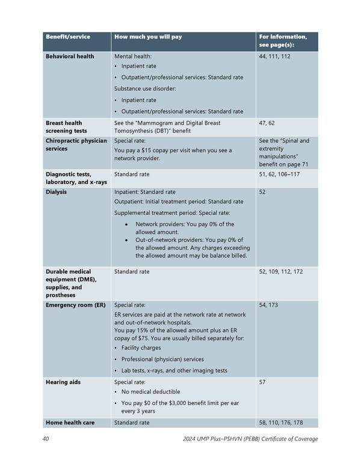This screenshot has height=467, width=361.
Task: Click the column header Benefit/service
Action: [68, 37]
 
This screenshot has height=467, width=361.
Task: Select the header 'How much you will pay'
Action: [147, 37]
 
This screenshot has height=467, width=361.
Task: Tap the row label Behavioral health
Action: [70, 56]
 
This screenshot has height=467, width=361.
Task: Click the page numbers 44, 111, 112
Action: [274, 56]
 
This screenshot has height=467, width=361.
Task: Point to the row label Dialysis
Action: [57, 192]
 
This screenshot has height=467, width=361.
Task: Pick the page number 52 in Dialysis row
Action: [262, 192]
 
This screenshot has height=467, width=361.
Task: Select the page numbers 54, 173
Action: [268, 305]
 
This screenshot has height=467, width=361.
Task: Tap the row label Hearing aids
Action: [63, 382]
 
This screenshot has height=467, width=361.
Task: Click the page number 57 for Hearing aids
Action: [262, 382]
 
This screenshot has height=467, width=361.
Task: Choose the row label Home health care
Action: [70, 422]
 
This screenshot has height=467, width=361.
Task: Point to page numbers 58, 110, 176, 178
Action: [280, 422]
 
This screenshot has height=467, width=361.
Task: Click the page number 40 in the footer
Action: [46, 439]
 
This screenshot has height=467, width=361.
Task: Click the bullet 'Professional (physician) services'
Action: [162, 359]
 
